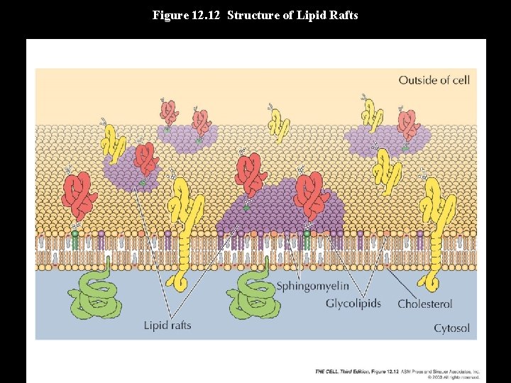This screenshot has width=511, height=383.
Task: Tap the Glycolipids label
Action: (353, 304)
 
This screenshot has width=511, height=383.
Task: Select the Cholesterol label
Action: (424, 304)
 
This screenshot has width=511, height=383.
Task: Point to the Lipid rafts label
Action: (167, 326)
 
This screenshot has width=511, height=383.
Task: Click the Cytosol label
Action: (451, 328)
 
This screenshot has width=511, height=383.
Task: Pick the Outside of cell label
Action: (434, 79)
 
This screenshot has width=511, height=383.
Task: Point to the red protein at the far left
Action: (79, 195)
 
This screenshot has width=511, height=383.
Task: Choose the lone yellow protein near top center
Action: (278, 125)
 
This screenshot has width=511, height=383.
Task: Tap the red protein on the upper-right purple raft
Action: (409, 125)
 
